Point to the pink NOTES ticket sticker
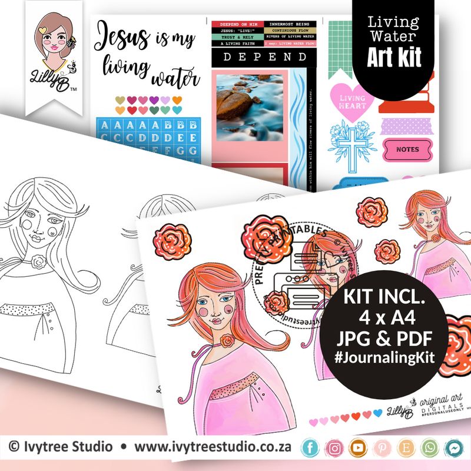coord(407,150)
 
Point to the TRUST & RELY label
coord(238,37)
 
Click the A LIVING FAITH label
coord(238,43)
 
